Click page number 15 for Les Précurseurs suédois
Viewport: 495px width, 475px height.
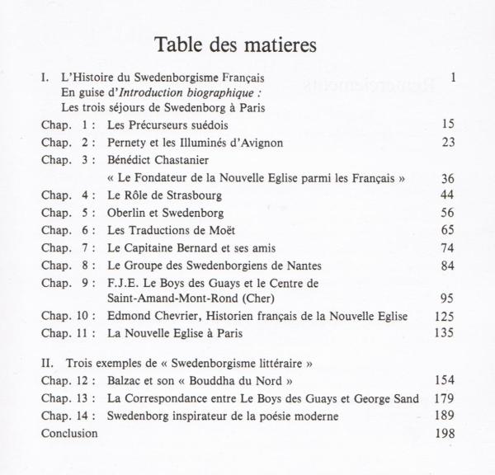pos(448,125)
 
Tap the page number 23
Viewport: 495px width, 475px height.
pos(448,143)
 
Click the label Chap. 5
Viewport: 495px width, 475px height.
pos(67,213)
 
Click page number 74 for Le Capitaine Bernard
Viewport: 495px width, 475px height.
pos(448,248)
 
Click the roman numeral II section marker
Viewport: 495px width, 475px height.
pos(46,363)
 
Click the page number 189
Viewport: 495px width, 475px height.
pos(445,416)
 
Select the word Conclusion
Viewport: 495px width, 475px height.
pos(68,433)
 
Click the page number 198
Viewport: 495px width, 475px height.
pos(445,433)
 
